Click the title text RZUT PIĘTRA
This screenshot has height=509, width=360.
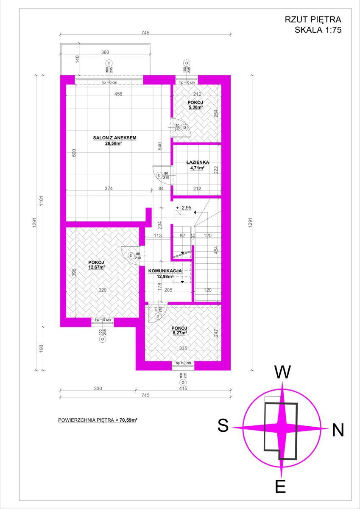click(x=313, y=20)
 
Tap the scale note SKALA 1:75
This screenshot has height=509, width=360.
click(x=318, y=30)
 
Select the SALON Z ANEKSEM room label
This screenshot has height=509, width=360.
click(x=115, y=138)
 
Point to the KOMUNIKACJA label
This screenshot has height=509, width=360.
click(x=165, y=271)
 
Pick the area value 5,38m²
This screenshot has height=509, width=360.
click(x=195, y=107)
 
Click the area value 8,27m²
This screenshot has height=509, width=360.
click(x=179, y=333)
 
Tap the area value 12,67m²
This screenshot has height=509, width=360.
click(x=97, y=267)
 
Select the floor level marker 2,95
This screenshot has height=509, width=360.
click(x=187, y=207)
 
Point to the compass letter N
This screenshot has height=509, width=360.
click(x=338, y=430)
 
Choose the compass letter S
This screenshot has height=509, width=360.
click(x=223, y=425)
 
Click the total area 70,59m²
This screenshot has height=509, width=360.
click(x=128, y=420)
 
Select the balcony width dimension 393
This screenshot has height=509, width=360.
click(x=105, y=52)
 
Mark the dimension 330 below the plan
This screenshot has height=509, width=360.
click(x=98, y=389)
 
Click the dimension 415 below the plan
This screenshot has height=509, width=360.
click(x=183, y=389)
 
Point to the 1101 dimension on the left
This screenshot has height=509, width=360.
click(x=41, y=201)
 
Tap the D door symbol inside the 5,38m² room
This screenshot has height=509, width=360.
click(x=184, y=128)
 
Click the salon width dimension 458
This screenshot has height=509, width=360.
click(x=118, y=94)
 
